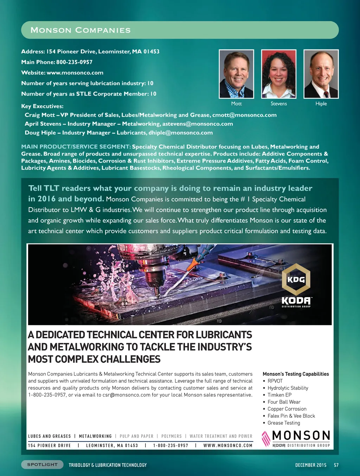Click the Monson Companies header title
[81, 30]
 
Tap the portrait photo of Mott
[236, 74]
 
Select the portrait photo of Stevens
[278, 74]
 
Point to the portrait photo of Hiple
[321, 74]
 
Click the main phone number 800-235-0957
[74, 62]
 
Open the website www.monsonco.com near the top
[75, 73]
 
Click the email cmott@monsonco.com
[244, 115]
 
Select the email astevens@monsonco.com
[198, 124]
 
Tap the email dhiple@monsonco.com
[180, 133]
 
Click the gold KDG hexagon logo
[296, 279]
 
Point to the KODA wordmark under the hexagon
[296, 301]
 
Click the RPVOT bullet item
[275, 381]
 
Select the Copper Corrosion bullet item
[287, 409]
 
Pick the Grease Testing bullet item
[284, 423]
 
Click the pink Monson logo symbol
[266, 438]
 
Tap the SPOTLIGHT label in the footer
[42, 464]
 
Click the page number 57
[336, 465]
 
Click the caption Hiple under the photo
[321, 104]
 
